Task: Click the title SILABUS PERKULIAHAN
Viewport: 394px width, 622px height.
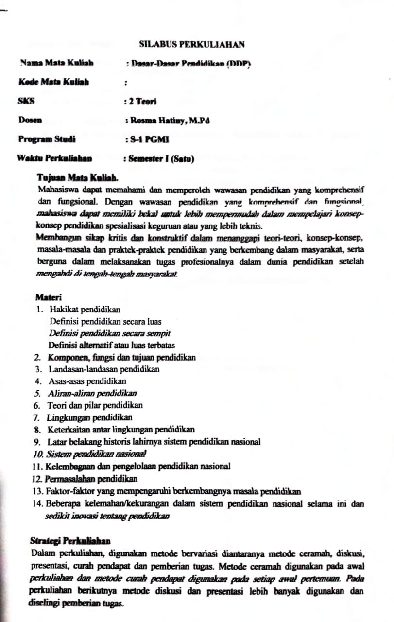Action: tap(191, 44)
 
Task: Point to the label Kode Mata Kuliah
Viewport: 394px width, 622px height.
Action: tap(53, 82)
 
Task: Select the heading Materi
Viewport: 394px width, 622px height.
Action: tap(48, 297)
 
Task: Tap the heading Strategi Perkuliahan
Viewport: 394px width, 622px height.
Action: tap(70, 541)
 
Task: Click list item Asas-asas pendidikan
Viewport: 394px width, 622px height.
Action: tap(87, 381)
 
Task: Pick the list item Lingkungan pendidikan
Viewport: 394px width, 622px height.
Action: tap(89, 417)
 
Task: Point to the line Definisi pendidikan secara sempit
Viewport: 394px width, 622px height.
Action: tap(109, 333)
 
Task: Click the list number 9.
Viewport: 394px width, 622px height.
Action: tap(37, 442)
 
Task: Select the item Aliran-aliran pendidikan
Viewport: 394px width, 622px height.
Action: tap(92, 393)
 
